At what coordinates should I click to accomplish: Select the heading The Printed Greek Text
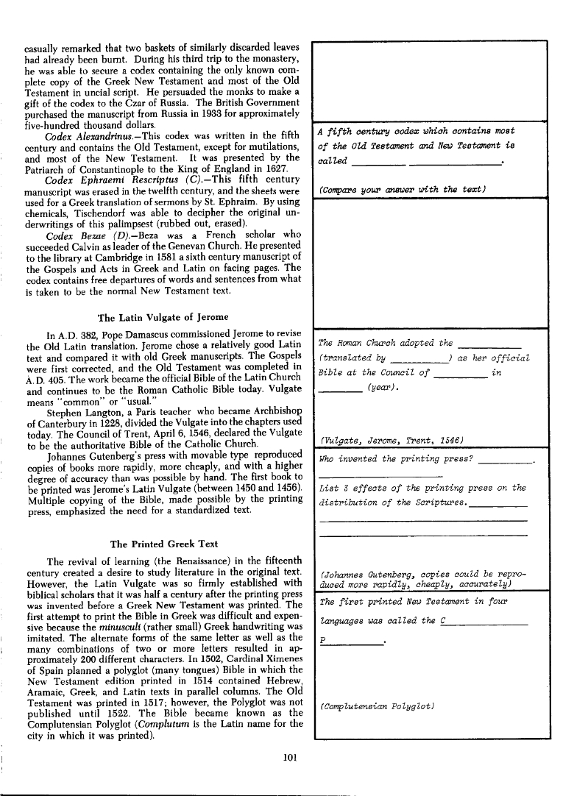pyautogui.click(x=163, y=544)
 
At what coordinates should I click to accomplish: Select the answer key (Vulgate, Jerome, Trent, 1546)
pyautogui.click(x=386, y=440)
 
